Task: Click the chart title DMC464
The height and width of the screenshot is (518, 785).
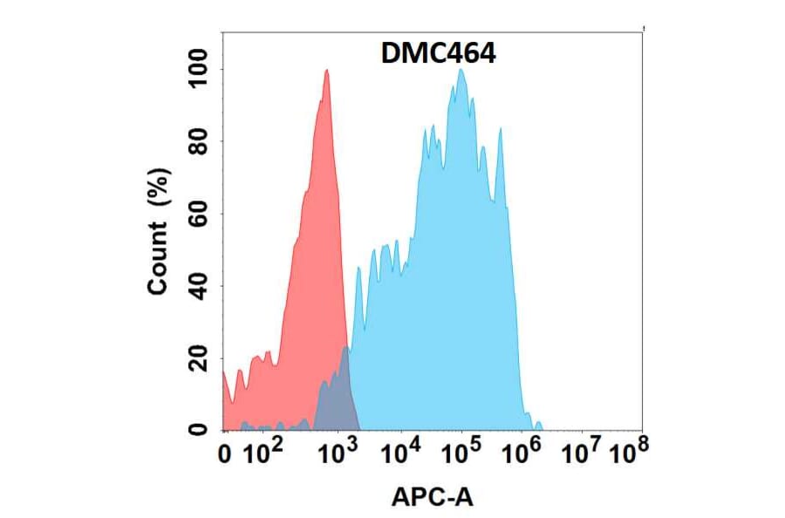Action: (x=439, y=54)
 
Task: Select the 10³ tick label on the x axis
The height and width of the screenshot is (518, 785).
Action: (x=338, y=452)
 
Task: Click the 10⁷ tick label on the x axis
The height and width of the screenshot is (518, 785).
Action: (x=582, y=452)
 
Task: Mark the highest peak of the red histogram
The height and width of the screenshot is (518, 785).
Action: (x=326, y=72)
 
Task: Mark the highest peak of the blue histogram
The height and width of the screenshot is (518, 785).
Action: (x=461, y=71)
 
